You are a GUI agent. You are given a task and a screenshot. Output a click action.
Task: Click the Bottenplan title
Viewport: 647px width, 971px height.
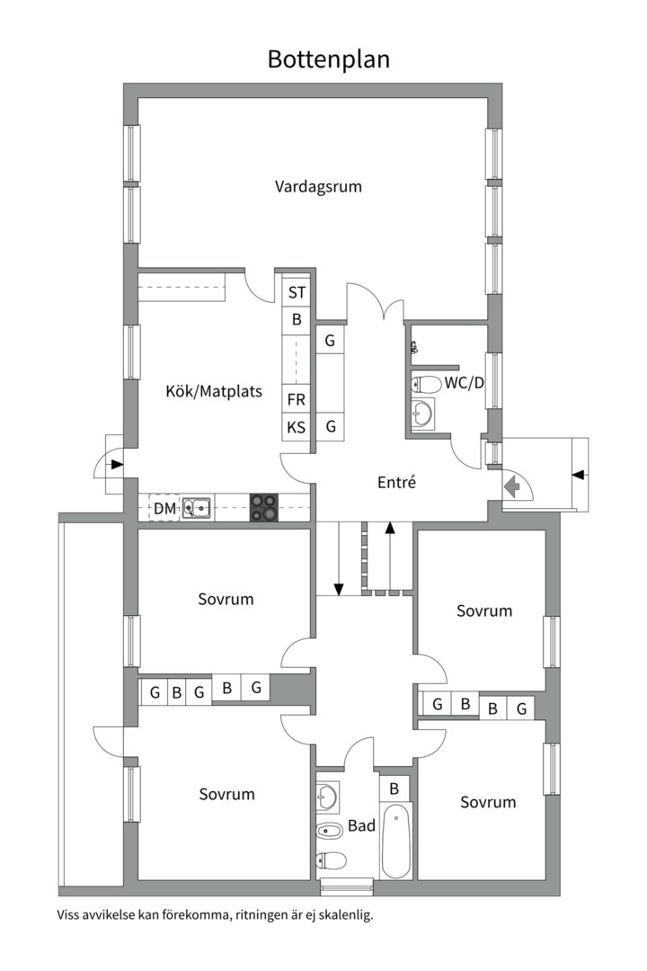click(x=328, y=59)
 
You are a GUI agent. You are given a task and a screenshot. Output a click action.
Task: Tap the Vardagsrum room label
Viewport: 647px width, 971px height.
click(x=318, y=186)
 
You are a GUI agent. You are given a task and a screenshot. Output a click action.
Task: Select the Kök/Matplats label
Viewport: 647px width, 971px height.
click(x=214, y=391)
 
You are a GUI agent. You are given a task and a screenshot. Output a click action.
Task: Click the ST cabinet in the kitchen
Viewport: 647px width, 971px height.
click(x=297, y=292)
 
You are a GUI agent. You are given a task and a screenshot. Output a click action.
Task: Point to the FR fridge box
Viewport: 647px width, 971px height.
click(x=297, y=400)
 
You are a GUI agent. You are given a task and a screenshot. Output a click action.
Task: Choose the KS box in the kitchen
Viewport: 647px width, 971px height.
click(x=297, y=427)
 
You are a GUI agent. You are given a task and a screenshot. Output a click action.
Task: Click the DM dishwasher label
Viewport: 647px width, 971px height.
click(x=164, y=508)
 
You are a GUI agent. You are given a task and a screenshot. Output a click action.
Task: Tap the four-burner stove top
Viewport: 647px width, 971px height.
click(x=264, y=507)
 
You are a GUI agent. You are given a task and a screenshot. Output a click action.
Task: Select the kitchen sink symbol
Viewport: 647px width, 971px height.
click(x=197, y=508)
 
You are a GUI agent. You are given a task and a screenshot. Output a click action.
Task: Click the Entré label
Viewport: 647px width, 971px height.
click(x=397, y=482)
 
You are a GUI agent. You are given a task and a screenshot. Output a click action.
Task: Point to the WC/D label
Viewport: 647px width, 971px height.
click(x=464, y=383)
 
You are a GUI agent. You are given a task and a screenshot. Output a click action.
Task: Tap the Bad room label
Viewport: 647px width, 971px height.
click(x=361, y=825)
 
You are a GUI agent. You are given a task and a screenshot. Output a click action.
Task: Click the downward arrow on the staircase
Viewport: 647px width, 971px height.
click(x=339, y=558)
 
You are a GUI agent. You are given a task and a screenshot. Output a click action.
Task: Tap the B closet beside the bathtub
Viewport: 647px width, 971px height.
click(x=394, y=788)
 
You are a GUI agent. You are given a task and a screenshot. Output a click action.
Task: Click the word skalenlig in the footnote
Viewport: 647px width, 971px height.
click(x=347, y=914)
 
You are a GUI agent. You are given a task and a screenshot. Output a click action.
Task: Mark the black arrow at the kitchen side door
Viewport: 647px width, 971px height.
click(x=115, y=464)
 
